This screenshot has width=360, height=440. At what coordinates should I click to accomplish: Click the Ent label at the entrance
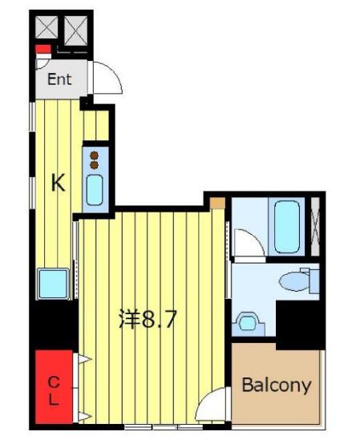coord(59,79)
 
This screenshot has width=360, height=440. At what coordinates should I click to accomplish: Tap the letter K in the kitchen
coord(58,183)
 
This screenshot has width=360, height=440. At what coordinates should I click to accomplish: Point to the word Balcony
coord(276,385)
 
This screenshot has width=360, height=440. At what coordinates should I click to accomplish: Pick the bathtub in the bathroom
coord(286,226)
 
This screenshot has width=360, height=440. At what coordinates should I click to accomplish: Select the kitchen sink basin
coord(95,190)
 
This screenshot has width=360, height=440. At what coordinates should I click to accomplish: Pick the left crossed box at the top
coord(47,31)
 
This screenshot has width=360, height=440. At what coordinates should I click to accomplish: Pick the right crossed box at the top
coord(77,31)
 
